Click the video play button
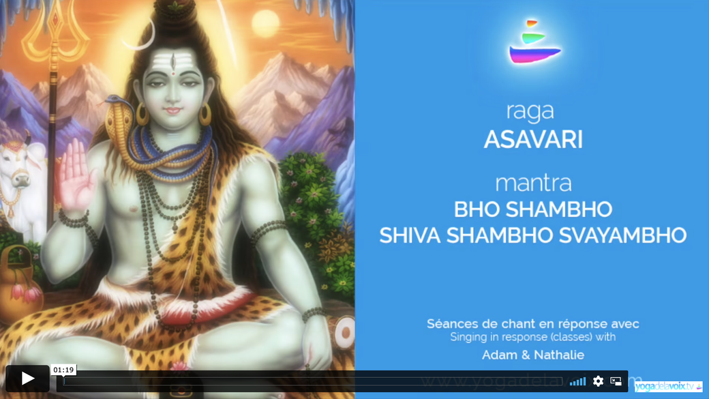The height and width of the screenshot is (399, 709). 27,379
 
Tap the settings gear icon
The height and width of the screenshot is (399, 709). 598,381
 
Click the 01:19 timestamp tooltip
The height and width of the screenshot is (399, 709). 63,370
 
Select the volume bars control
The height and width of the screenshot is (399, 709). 577,381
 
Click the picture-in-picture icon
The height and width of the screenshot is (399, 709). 616,381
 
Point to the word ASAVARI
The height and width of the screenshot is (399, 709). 533,140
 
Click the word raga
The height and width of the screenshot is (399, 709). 530,110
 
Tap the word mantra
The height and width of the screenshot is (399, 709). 533,183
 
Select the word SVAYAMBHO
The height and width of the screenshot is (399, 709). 622,235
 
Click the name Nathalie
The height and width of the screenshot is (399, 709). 558,355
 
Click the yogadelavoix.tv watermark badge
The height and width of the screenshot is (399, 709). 667,386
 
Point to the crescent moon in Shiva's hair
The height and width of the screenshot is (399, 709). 136,38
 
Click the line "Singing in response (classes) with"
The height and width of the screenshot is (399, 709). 532,337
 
